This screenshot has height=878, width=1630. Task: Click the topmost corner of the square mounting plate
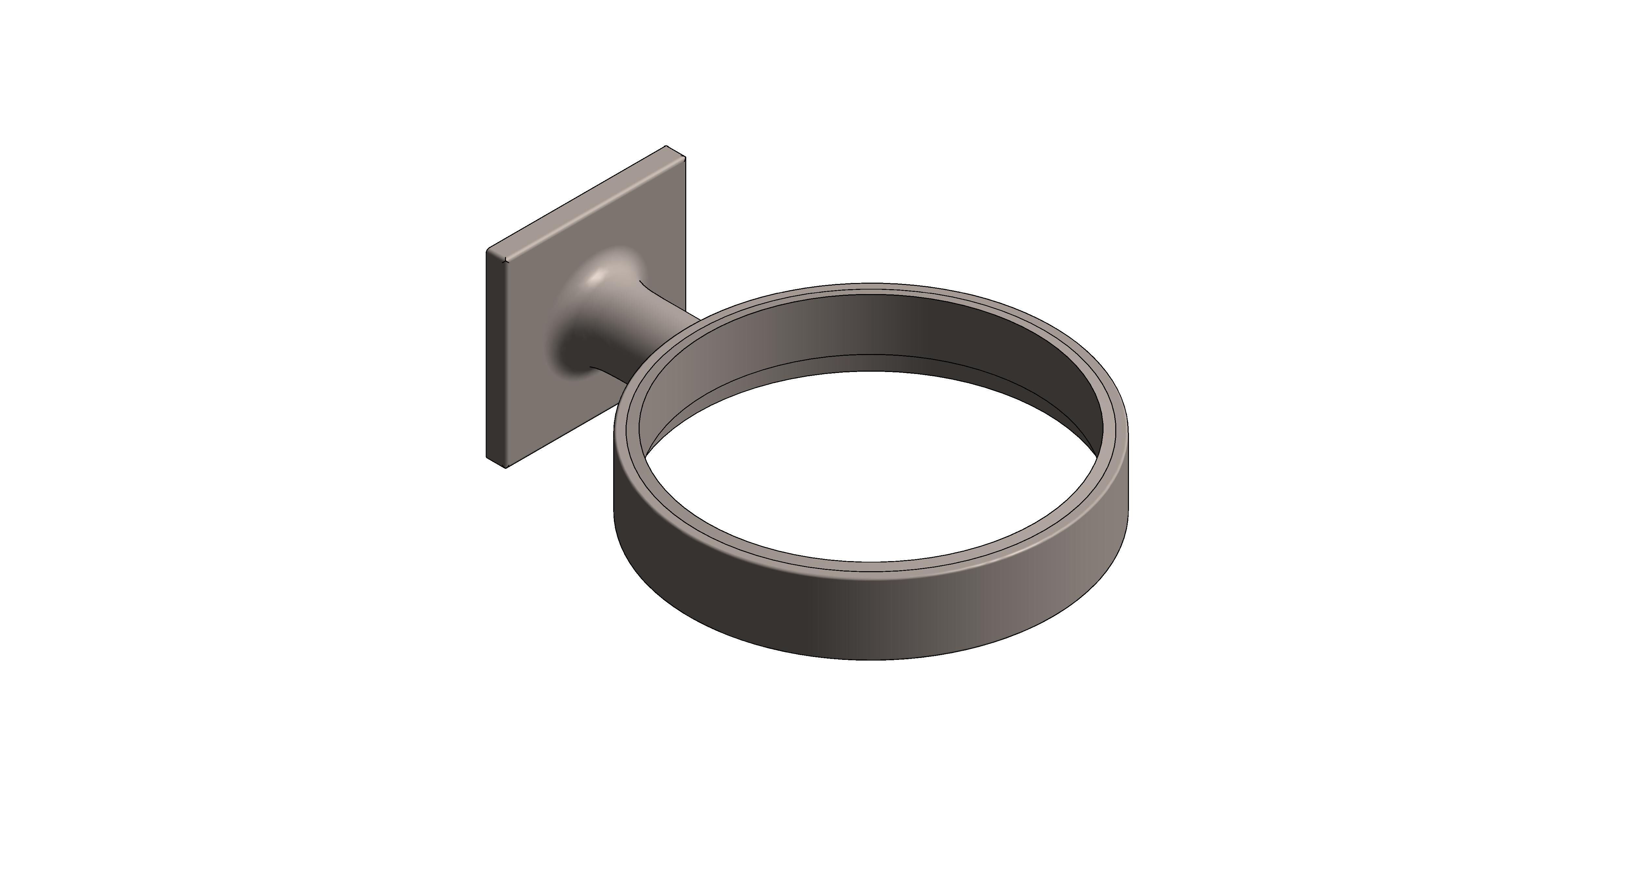pyautogui.click(x=666, y=146)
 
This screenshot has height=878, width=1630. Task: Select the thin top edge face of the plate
pyautogui.click(x=582, y=200)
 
